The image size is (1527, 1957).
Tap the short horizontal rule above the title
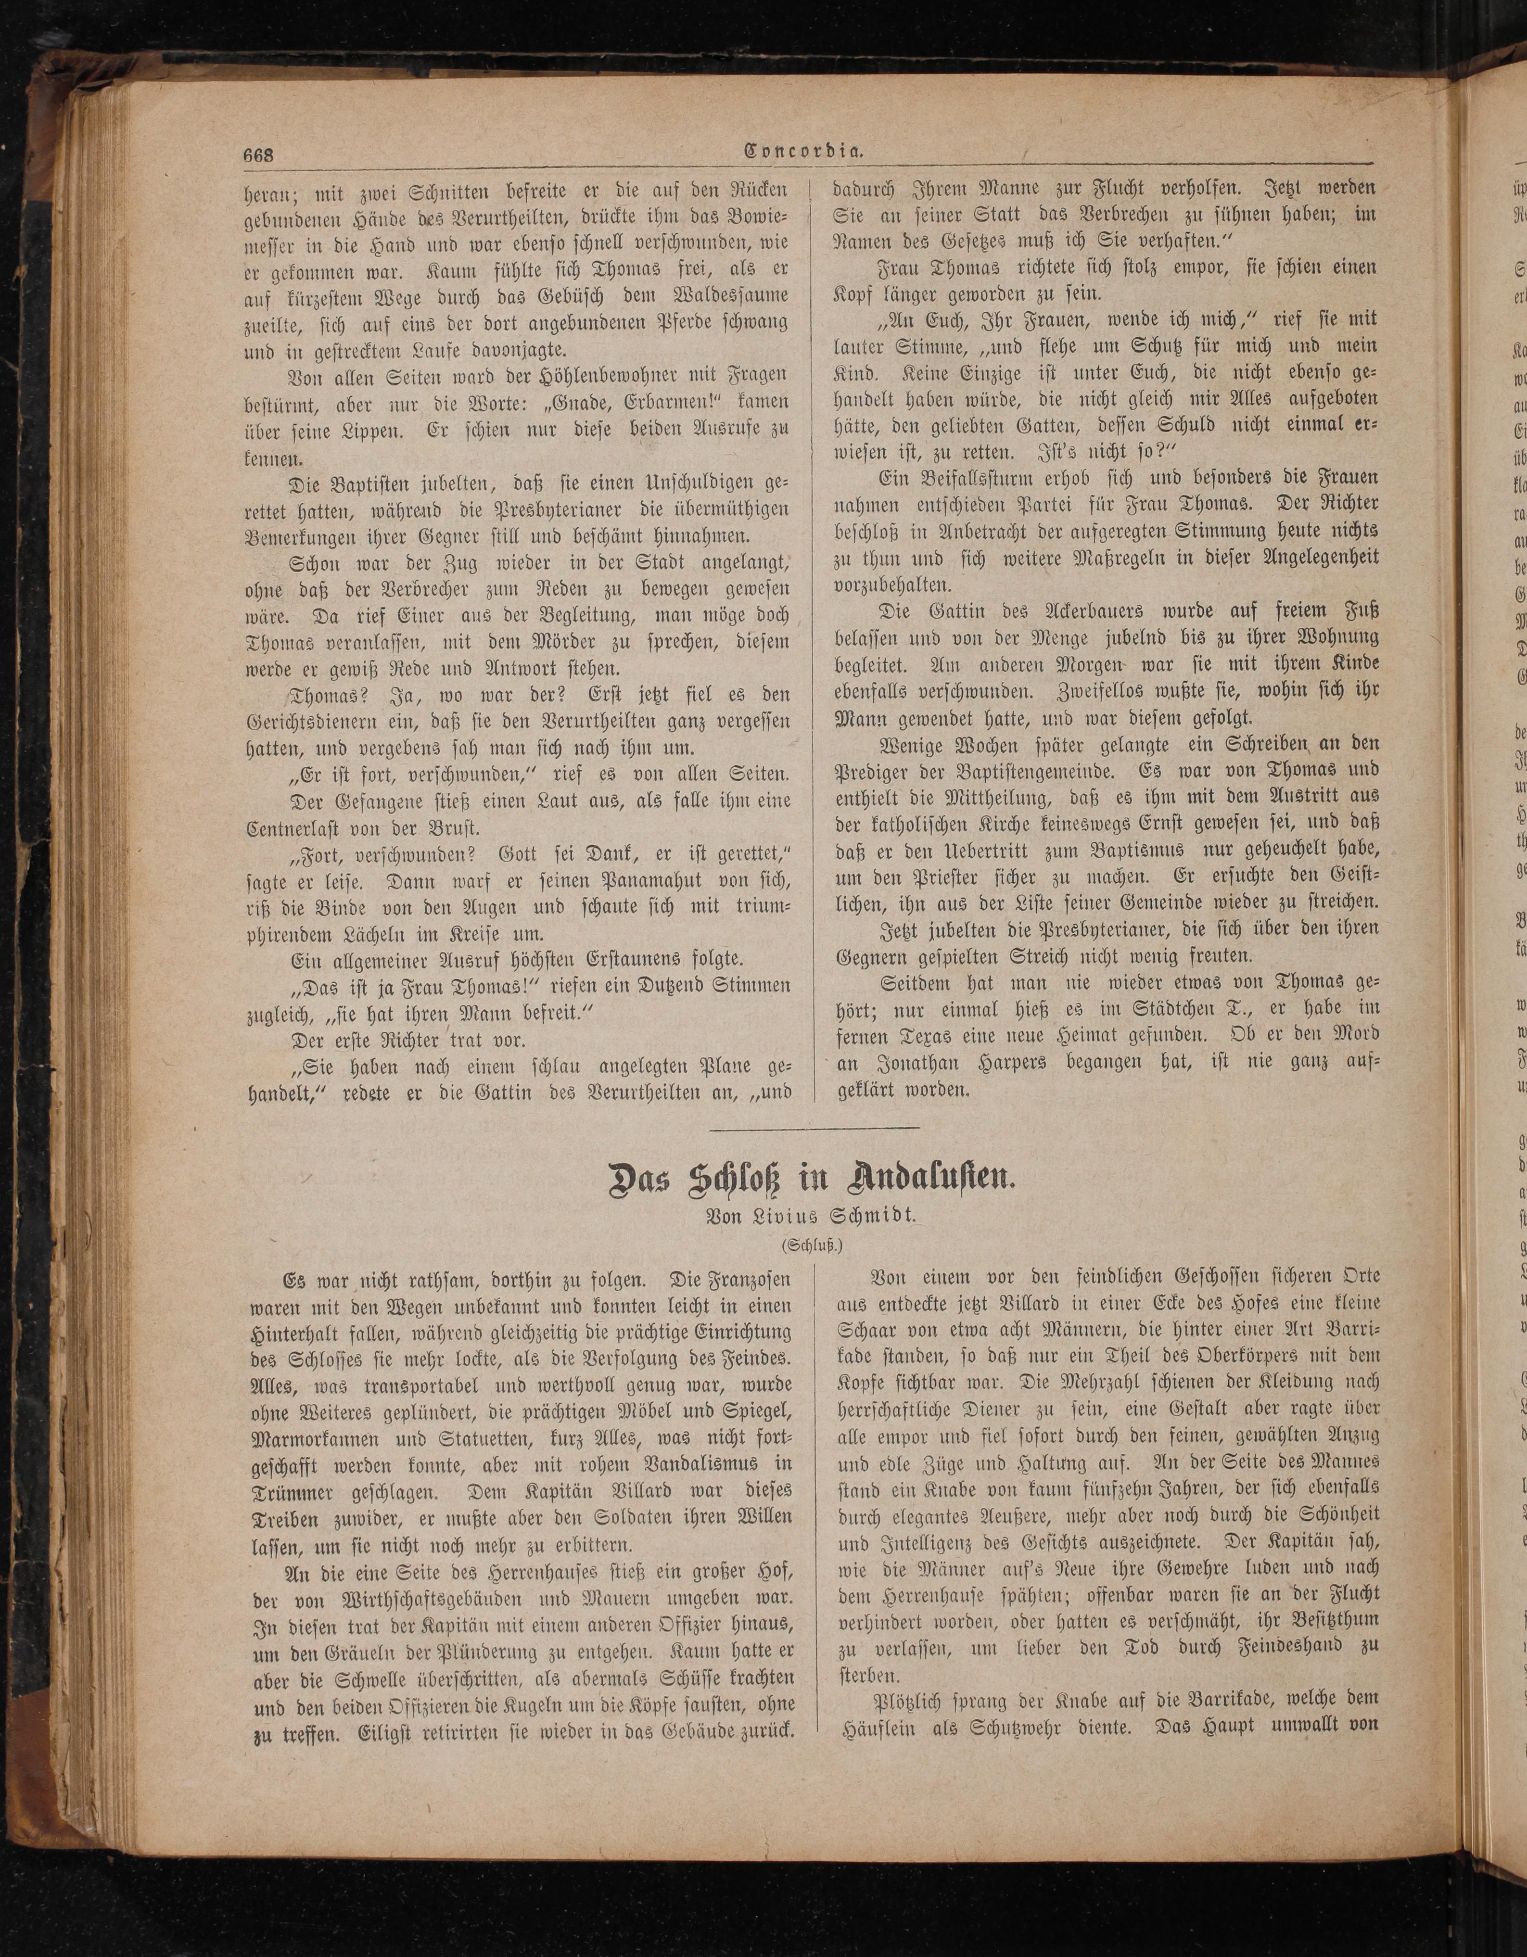(x=814, y=1126)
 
